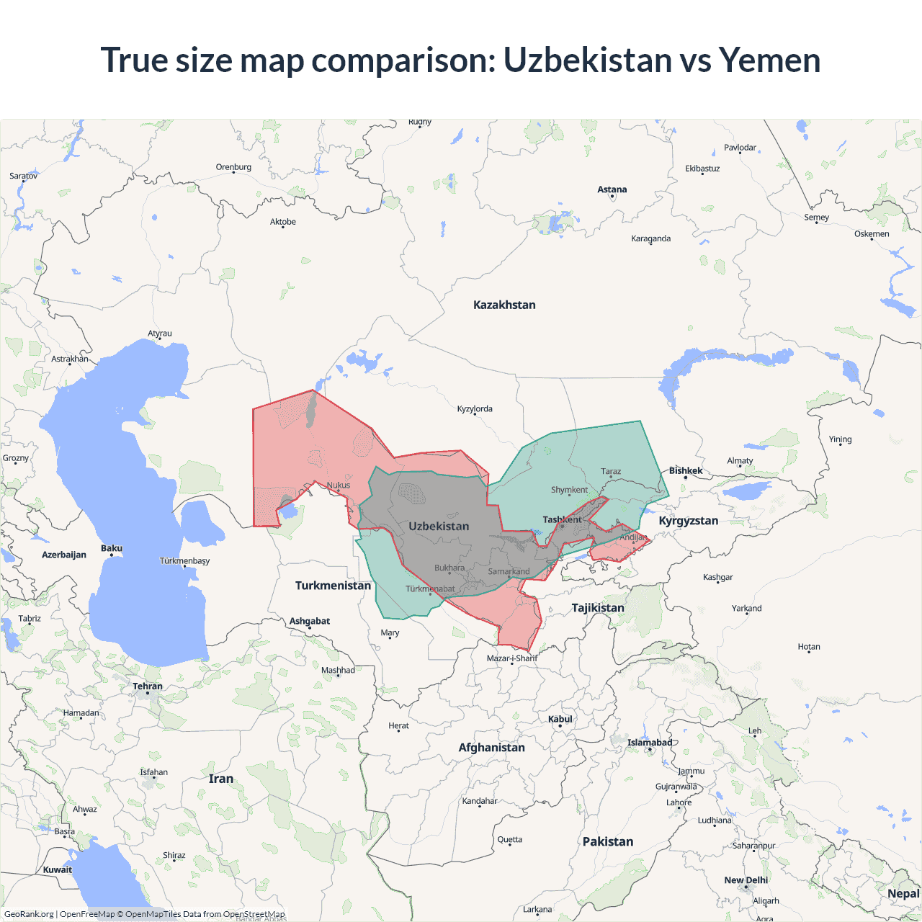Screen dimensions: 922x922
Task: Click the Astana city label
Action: coord(612,189)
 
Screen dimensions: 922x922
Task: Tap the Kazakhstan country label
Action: coord(504,305)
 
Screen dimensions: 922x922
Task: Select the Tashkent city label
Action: coord(562,519)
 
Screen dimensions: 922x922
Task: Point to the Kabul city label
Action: coord(560,719)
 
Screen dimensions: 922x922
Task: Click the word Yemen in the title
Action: coord(769,60)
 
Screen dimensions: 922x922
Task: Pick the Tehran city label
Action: coord(148,686)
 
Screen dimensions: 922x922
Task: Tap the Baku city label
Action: coord(112,548)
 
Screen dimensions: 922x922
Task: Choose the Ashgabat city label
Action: coord(310,621)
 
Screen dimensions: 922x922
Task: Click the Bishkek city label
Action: coord(686,470)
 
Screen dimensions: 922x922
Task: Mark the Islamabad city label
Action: coord(649,743)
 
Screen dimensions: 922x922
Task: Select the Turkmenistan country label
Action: coord(333,586)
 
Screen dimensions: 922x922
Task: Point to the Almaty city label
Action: coord(740,460)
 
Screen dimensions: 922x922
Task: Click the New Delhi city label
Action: coord(746,880)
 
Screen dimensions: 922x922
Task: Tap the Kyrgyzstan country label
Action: coord(688,521)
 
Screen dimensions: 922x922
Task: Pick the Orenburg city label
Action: coord(233,167)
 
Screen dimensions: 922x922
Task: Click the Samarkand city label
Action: coord(509,571)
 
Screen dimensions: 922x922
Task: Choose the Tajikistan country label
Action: coord(598,608)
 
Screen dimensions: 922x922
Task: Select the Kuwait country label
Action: coord(58,869)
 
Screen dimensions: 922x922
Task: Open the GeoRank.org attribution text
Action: coord(29,914)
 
